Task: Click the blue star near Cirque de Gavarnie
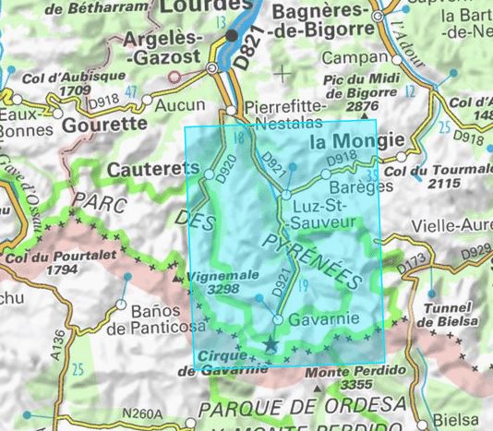pos(270,344)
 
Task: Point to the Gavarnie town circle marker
pos(278,320)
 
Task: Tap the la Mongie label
pos(356,141)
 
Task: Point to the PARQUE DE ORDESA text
pos(304,407)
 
